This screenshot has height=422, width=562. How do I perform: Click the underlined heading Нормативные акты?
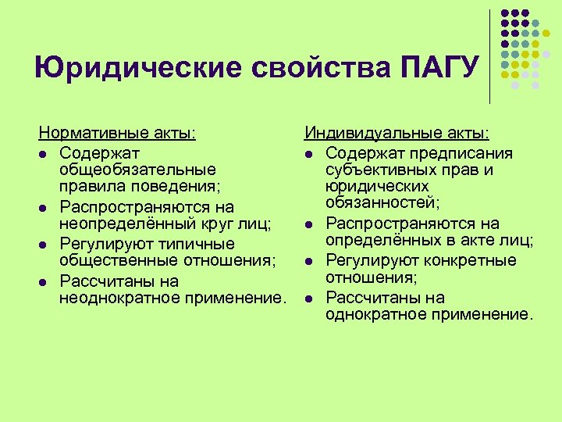click(x=117, y=134)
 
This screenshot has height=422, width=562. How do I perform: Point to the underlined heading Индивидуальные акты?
click(x=397, y=134)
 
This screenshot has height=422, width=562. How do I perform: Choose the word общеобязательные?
click(x=137, y=169)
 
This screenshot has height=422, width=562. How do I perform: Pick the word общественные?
click(x=118, y=262)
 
